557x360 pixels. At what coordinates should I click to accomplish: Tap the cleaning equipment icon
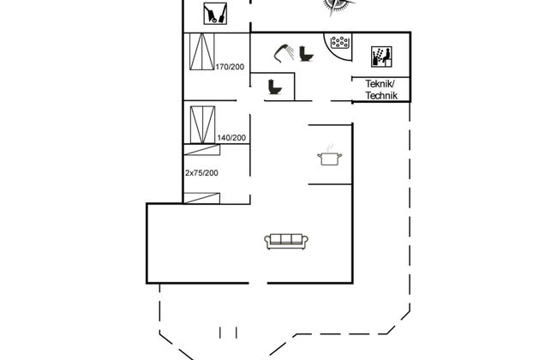tap(215, 14)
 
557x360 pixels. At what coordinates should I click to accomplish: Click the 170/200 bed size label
tap(230, 67)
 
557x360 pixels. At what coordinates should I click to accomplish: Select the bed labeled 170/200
tap(201, 51)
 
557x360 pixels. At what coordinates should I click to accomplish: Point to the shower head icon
tap(284, 52)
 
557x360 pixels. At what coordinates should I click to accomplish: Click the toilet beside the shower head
tap(306, 53)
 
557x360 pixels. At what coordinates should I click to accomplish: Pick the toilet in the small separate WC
tap(274, 87)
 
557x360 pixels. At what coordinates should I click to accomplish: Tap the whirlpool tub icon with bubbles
tap(340, 42)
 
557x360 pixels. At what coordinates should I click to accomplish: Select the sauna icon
tap(381, 57)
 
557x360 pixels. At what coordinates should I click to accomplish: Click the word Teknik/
tap(380, 84)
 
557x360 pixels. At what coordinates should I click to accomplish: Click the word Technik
tap(381, 95)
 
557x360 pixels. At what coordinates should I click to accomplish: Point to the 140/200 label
tap(231, 137)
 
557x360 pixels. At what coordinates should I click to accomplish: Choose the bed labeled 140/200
tap(202, 125)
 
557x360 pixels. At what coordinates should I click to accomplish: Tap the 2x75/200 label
tap(201, 173)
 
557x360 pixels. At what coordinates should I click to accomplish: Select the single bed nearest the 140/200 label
tap(201, 150)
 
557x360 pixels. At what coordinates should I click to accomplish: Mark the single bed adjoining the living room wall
tap(201, 198)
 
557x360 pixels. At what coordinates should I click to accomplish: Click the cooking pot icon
tap(330, 157)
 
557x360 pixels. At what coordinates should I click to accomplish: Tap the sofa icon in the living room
tap(286, 242)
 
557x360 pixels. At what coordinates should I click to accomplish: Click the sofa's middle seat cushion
tap(286, 239)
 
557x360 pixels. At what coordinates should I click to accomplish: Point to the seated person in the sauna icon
tap(386, 54)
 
